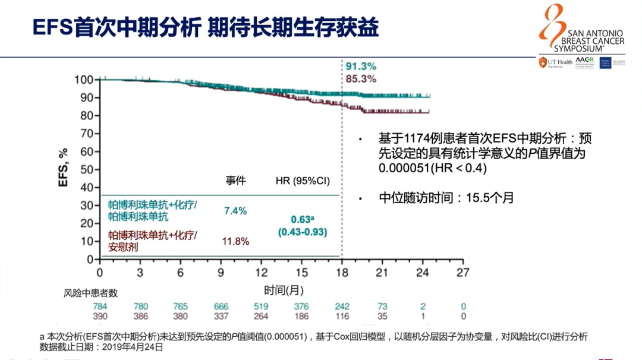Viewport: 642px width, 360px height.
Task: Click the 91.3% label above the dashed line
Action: click(x=361, y=67)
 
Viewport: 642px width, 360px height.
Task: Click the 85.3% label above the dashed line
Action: click(x=361, y=78)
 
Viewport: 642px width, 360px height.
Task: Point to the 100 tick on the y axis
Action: click(x=84, y=80)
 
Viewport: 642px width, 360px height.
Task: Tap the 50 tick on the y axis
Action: click(x=87, y=169)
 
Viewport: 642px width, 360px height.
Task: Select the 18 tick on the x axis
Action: click(x=341, y=273)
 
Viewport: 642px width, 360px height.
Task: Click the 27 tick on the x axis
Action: click(x=462, y=273)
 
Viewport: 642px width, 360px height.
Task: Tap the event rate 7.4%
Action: click(x=235, y=211)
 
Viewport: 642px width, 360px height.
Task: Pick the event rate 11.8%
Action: click(x=235, y=241)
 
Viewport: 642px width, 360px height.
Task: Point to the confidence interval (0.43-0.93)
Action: click(x=303, y=232)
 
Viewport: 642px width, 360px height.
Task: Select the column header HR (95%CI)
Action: click(x=303, y=181)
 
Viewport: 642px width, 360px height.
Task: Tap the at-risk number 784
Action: click(x=100, y=307)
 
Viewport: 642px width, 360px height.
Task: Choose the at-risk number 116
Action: click(x=341, y=316)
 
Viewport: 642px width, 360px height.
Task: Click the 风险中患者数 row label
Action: click(x=90, y=293)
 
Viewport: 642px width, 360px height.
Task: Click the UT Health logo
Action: click(x=555, y=62)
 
